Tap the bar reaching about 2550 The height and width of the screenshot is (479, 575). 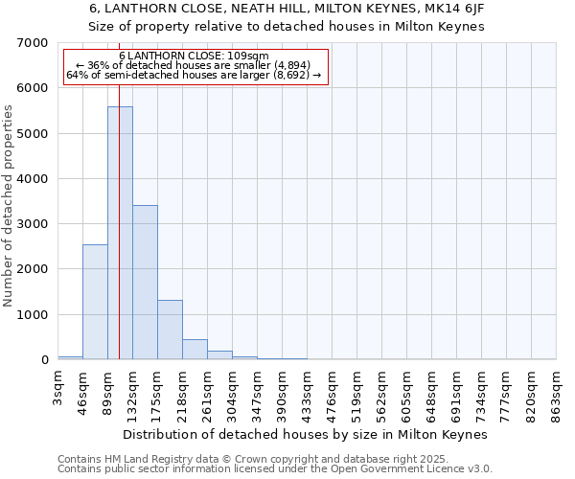[95, 302]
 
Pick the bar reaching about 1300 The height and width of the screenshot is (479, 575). [170, 330]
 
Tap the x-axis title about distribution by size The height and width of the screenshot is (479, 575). [306, 435]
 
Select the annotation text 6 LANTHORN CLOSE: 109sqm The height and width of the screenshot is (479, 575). [195, 57]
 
